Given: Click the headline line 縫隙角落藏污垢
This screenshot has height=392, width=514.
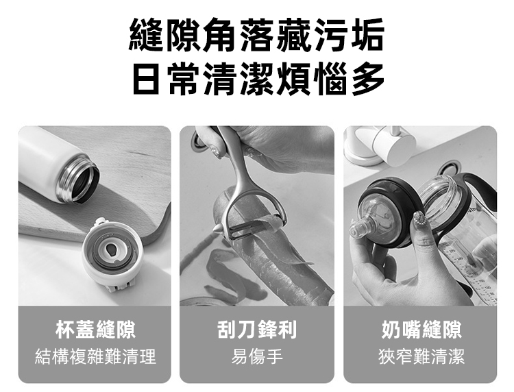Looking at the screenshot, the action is pyautogui.click(x=256, y=36).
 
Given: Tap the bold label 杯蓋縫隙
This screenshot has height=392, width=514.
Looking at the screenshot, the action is pyautogui.click(x=95, y=330).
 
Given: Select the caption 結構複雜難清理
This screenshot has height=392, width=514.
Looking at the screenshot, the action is pyautogui.click(x=95, y=356).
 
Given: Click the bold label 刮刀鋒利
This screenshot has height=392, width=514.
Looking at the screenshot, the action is pyautogui.click(x=257, y=330).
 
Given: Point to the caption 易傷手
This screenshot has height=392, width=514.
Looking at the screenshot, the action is pyautogui.click(x=257, y=356).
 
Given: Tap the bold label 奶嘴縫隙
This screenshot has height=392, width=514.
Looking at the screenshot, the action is pyautogui.click(x=421, y=330).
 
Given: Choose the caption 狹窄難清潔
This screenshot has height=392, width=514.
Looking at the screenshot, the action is pyautogui.click(x=421, y=356).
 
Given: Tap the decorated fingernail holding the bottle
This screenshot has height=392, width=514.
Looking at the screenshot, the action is pyautogui.click(x=419, y=219).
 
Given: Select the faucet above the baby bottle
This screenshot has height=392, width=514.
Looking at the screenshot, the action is pyautogui.click(x=381, y=144).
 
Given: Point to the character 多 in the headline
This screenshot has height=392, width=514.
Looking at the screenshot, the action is pyautogui.click(x=368, y=79).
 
